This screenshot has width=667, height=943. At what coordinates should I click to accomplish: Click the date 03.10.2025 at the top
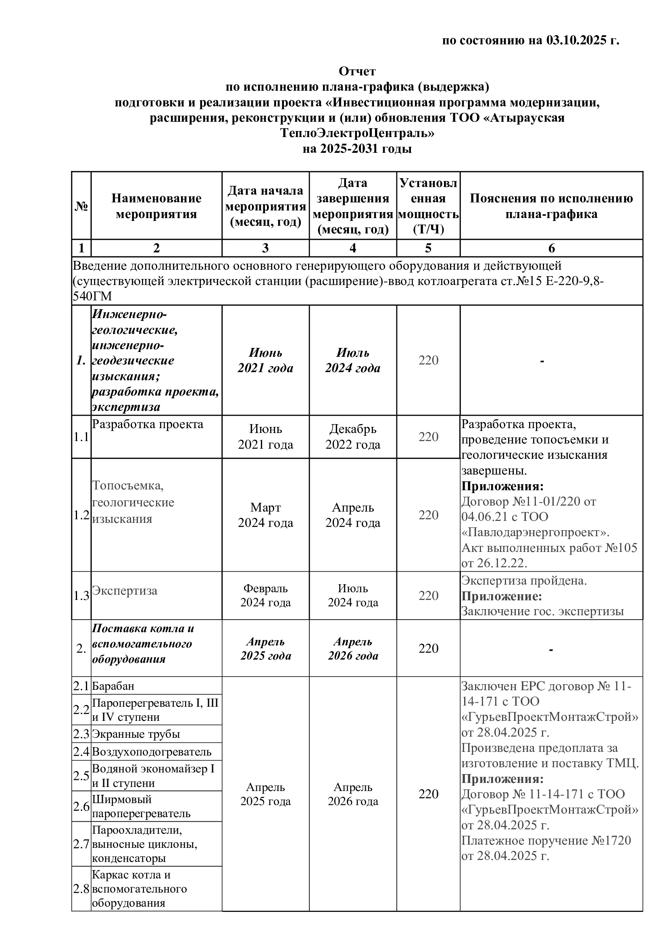point(576,41)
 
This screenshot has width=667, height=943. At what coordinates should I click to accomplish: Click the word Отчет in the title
point(357,71)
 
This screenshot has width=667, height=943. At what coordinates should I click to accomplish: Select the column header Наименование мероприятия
point(156,206)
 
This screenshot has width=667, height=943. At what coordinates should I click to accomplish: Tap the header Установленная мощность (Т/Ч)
point(428,206)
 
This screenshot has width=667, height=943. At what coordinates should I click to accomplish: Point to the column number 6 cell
point(551,248)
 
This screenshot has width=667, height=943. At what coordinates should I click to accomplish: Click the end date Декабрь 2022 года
point(353,437)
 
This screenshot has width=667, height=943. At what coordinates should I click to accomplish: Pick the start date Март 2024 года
point(265,515)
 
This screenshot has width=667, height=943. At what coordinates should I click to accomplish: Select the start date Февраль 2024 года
point(265,595)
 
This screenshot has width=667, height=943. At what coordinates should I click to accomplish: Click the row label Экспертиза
point(125,591)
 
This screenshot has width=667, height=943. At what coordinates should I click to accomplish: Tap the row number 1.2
point(81,515)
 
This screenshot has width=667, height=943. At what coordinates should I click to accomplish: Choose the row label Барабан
point(113,686)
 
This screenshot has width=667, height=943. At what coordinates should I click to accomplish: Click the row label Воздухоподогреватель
point(152,752)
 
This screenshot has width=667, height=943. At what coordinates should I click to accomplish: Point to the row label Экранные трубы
point(136,734)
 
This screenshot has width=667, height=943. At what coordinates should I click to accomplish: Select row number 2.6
point(81,807)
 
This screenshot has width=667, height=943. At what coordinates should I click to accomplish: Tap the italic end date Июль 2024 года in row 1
point(353,360)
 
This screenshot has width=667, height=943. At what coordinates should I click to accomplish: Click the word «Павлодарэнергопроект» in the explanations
point(535,533)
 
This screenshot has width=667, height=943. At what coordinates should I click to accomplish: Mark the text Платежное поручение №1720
point(546,841)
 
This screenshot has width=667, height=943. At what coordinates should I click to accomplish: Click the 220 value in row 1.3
point(428,595)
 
